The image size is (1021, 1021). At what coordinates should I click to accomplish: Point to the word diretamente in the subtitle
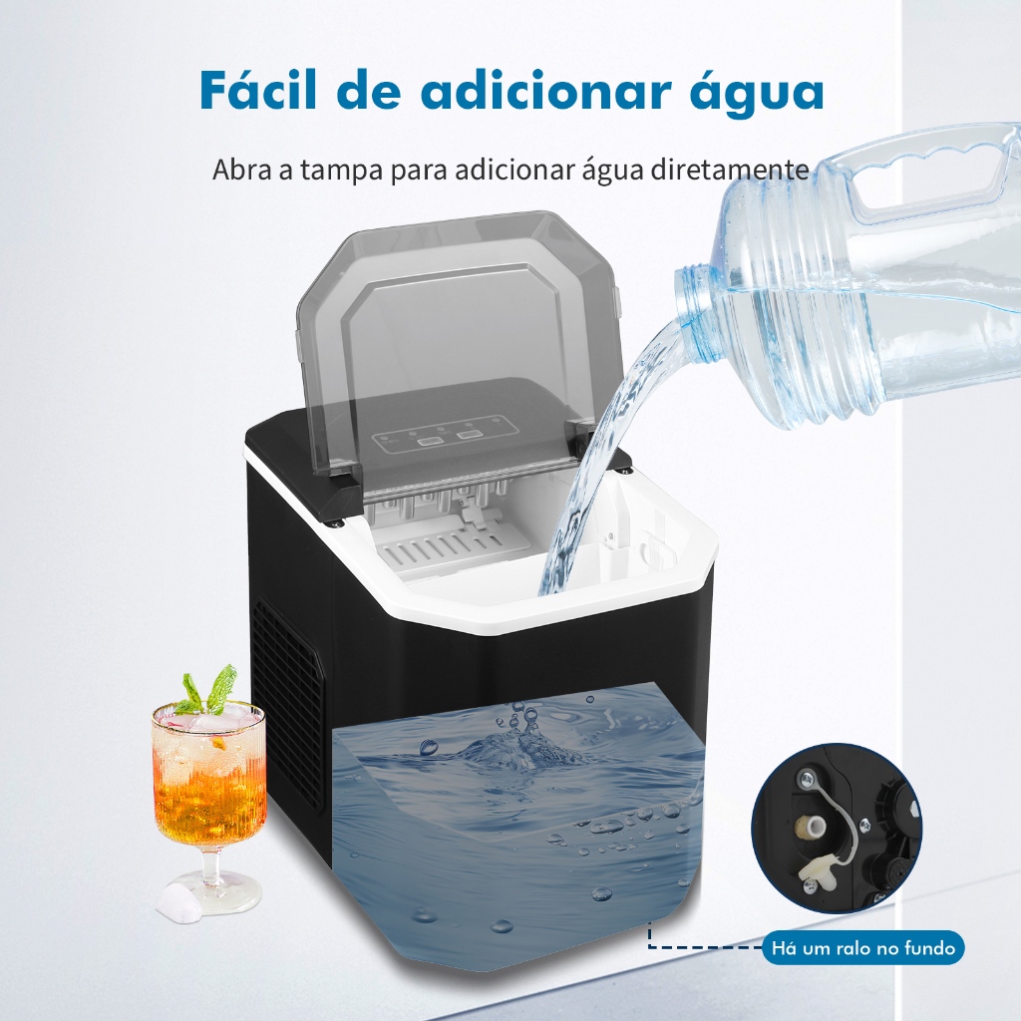[x=730, y=170]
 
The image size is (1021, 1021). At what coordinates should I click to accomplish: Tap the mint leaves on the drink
[x=207, y=691]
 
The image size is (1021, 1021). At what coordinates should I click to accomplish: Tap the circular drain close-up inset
[x=837, y=829]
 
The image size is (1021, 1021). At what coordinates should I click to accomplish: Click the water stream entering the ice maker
[x=597, y=469]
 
